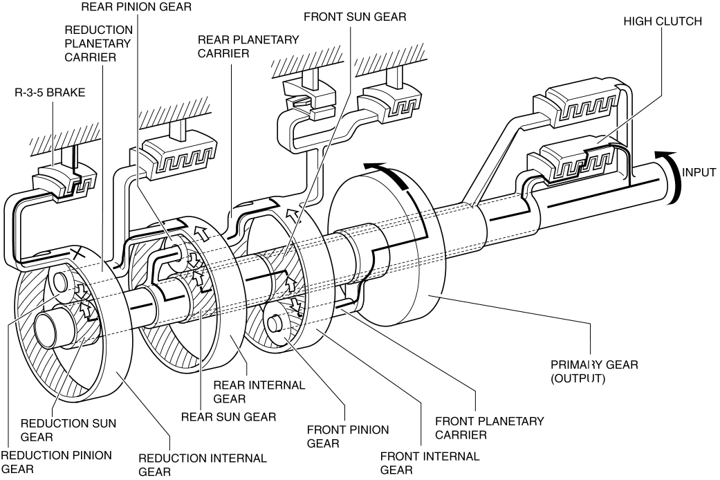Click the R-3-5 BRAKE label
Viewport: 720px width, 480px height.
[50, 93]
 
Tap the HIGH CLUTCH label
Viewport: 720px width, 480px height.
[662, 21]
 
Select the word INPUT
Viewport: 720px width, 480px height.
[699, 173]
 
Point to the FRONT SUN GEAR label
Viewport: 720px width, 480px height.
[355, 17]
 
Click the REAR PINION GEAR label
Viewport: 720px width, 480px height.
[136, 7]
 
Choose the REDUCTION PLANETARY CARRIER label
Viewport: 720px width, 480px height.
[98, 44]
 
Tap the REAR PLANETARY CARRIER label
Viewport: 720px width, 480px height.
[248, 46]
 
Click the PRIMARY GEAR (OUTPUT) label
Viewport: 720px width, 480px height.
[595, 371]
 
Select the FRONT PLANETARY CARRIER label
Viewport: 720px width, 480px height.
[490, 427]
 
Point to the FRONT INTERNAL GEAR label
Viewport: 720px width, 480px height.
[430, 463]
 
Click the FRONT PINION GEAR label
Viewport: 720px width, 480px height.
[348, 436]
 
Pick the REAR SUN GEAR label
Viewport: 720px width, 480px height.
[229, 417]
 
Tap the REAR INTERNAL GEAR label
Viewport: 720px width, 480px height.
[259, 391]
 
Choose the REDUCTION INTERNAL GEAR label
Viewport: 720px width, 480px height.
[203, 465]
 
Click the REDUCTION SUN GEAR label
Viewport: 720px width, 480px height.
[68, 430]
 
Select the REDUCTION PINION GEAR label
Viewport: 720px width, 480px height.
[57, 462]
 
